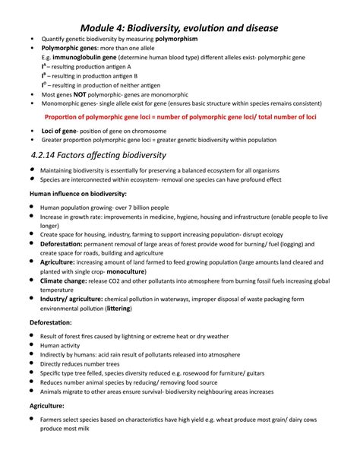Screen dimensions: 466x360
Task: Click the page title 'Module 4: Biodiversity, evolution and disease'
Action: coord(180,27)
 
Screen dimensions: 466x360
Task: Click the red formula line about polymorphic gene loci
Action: coord(179,118)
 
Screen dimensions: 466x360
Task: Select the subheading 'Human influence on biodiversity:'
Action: coord(72,195)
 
